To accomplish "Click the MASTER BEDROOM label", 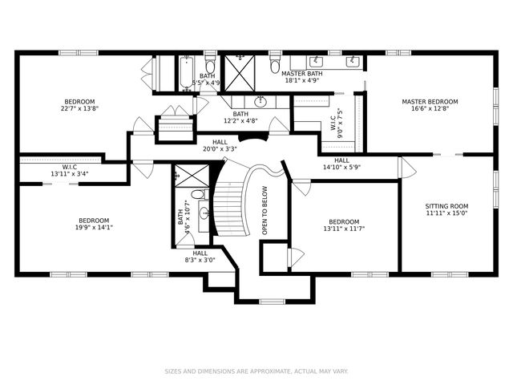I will [430, 102].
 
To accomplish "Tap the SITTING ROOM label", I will [446, 206].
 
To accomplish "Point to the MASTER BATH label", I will [301, 73].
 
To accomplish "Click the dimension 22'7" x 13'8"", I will [80, 110].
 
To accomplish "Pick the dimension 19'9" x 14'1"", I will [94, 228].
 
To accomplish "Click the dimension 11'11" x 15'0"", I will [446, 213].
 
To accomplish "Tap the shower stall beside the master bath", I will [238, 73].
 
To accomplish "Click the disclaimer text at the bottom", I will [256, 371].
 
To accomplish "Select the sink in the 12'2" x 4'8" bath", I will [261, 101].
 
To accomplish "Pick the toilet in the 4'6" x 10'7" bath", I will [198, 195].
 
